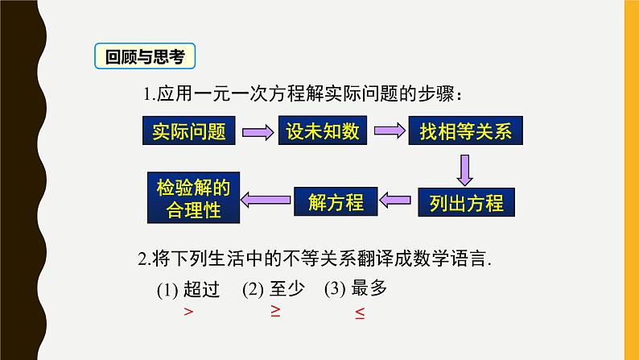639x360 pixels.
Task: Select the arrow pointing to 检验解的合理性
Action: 267,201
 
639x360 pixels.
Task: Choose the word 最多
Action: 369,288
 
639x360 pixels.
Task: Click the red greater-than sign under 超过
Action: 188,312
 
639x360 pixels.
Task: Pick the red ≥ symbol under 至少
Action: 275,312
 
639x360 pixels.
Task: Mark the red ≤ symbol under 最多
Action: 361,314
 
